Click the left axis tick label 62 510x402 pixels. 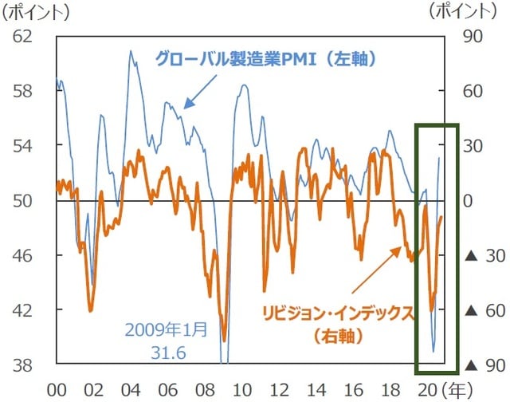25,36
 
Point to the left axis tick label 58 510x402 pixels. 25,91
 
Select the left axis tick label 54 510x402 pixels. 25,146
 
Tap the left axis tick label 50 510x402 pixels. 25,200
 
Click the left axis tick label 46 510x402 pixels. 25,255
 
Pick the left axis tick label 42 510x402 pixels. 25,310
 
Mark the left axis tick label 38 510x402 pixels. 25,365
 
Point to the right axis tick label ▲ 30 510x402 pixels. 481,255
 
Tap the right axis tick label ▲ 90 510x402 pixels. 481,365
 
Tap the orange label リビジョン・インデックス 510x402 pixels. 339,312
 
